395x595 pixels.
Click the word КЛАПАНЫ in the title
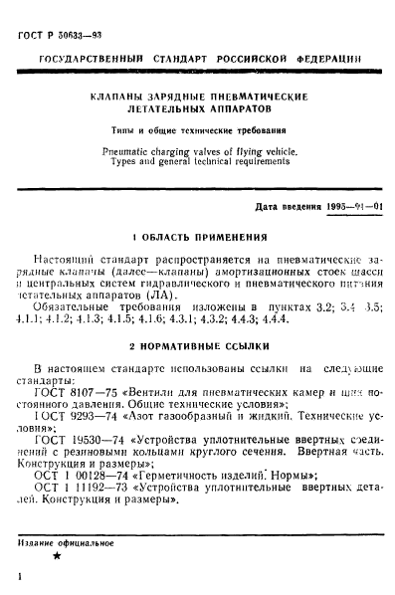(x=114, y=97)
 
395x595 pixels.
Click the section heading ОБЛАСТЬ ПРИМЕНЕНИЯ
(x=203, y=238)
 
